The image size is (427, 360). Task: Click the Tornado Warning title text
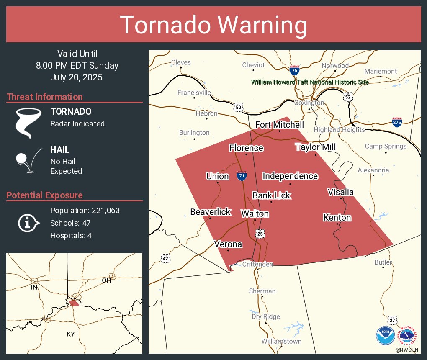coord(213,25)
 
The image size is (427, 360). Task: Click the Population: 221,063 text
coord(85,210)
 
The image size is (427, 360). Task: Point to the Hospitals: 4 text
coord(71,235)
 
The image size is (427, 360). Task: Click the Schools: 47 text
coord(70,223)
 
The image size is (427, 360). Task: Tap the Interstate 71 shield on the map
coord(241,176)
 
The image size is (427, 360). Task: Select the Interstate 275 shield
coord(397,122)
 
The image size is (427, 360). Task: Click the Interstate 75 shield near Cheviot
coord(294,71)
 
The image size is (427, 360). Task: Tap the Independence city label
coord(290,176)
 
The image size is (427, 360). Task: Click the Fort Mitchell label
coord(280,125)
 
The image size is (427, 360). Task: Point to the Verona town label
coord(228,244)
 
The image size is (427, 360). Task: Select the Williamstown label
coord(281,341)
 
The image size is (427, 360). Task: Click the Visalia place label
coord(340,192)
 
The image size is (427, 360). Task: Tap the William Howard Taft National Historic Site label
coord(310,82)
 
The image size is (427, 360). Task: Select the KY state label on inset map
coord(71,334)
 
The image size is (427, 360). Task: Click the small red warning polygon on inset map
coord(74,303)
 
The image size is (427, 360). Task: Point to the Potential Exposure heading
coord(44,195)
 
